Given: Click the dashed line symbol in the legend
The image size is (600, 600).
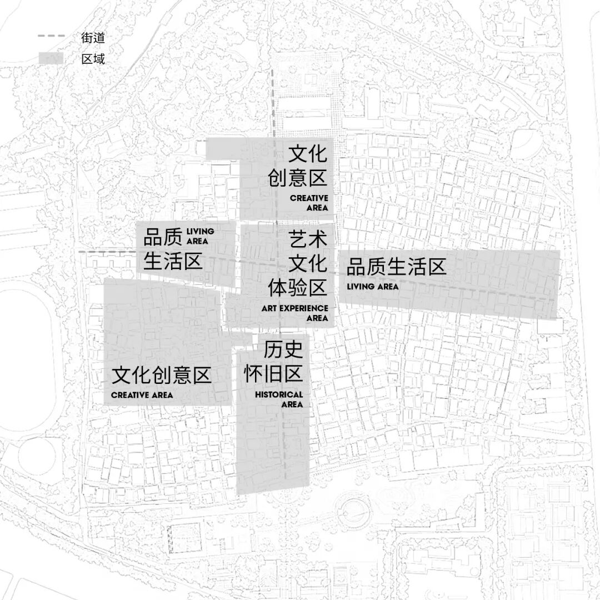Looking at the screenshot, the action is [x=51, y=37].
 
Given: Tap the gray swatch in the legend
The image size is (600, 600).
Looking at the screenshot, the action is [x=51, y=58].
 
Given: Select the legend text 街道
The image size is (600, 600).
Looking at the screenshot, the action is [x=93, y=38].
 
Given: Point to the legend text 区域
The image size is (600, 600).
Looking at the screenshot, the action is [x=93, y=58].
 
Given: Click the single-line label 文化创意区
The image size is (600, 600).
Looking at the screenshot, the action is [x=162, y=376].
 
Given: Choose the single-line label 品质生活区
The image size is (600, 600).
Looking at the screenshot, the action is [x=396, y=267].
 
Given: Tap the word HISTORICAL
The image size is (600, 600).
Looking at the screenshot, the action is [x=279, y=394].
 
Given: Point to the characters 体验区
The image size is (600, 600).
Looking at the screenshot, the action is [x=297, y=288].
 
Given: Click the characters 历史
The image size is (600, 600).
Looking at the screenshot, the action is [x=283, y=349].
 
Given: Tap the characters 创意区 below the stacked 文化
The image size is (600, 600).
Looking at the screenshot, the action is [x=297, y=178].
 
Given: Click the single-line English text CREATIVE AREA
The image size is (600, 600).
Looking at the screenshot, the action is [x=142, y=395].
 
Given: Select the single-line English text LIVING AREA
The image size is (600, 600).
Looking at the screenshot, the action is [x=373, y=287].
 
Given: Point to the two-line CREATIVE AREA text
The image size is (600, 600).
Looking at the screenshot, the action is [x=309, y=203].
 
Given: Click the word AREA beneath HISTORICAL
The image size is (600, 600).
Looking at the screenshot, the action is [x=292, y=404].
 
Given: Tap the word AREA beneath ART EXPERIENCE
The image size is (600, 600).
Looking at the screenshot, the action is [x=317, y=318].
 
